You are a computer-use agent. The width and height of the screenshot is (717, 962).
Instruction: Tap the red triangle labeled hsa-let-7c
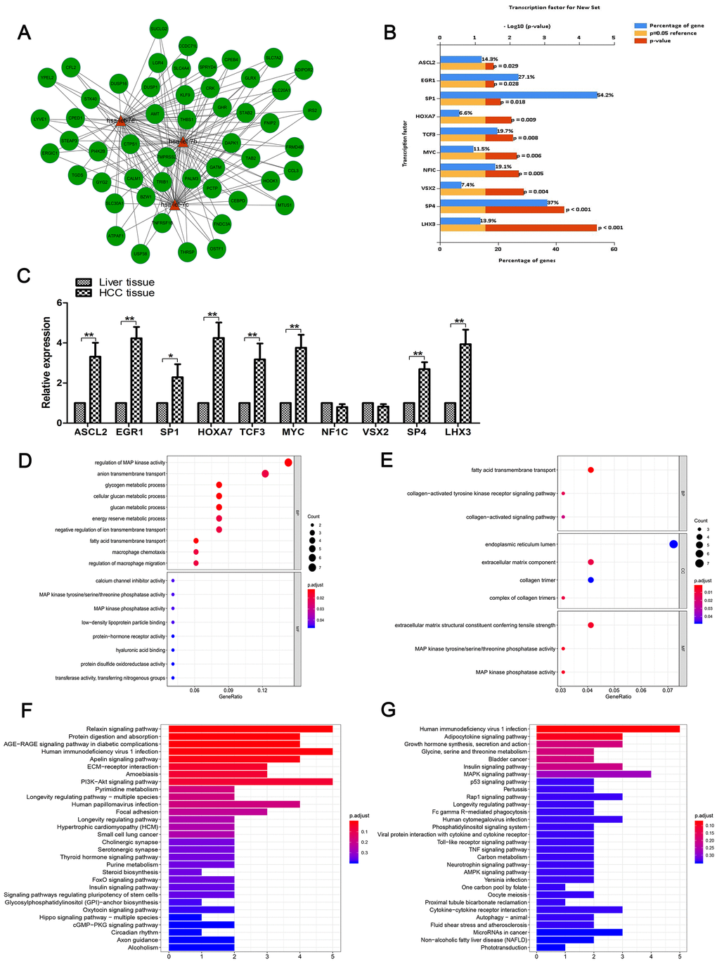[174, 205]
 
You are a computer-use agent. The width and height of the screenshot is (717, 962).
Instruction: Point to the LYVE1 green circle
[41, 120]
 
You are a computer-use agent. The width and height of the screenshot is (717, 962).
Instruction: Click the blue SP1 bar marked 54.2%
[518, 95]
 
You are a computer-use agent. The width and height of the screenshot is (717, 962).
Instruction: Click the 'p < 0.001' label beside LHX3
[610, 227]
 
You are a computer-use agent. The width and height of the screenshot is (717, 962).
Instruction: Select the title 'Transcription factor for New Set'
[554, 7]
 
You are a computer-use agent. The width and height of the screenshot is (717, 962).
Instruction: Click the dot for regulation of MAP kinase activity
[288, 462]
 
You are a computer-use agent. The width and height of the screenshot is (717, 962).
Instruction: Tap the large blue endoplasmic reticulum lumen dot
[673, 544]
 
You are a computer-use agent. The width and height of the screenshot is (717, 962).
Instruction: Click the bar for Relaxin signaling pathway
[250, 729]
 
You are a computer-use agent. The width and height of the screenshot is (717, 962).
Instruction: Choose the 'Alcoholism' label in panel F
[144, 947]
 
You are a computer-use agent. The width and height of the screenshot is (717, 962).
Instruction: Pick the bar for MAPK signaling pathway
[593, 774]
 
